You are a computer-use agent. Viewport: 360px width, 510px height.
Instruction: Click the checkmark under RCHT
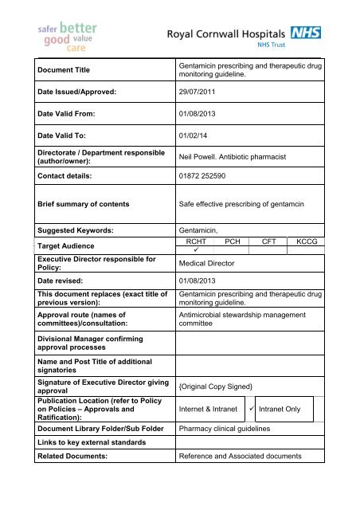196,249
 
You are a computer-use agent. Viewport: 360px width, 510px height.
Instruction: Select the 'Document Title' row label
53,70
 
